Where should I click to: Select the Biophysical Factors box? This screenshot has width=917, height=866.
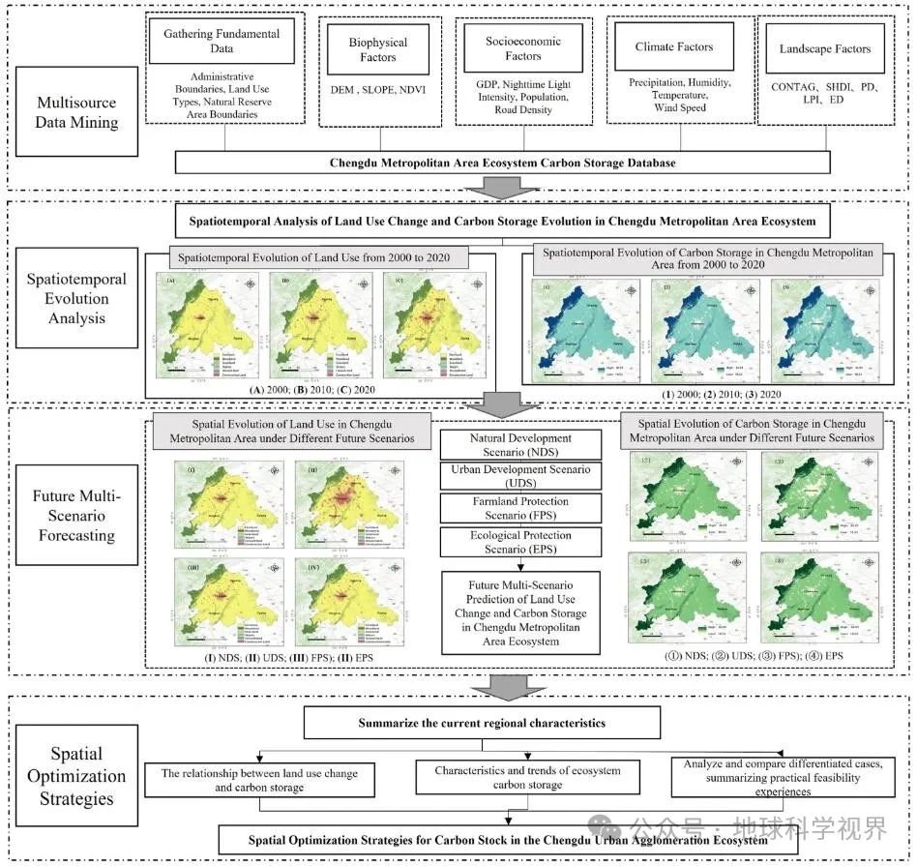[378, 50]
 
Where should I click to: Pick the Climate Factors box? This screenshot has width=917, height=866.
[673, 46]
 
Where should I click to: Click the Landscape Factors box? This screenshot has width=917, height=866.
[825, 48]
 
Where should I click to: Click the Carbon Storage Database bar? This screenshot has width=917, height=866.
[502, 162]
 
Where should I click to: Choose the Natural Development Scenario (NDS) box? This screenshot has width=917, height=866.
[520, 445]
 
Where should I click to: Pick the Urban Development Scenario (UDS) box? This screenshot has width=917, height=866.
[520, 476]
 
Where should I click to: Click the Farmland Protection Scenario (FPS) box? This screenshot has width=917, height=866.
[520, 508]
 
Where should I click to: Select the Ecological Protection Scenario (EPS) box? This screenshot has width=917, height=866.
[520, 542]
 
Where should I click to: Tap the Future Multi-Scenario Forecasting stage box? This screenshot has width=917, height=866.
[76, 517]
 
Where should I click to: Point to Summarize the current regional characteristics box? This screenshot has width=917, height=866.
[482, 722]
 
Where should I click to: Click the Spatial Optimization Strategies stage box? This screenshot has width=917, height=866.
[76, 776]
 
